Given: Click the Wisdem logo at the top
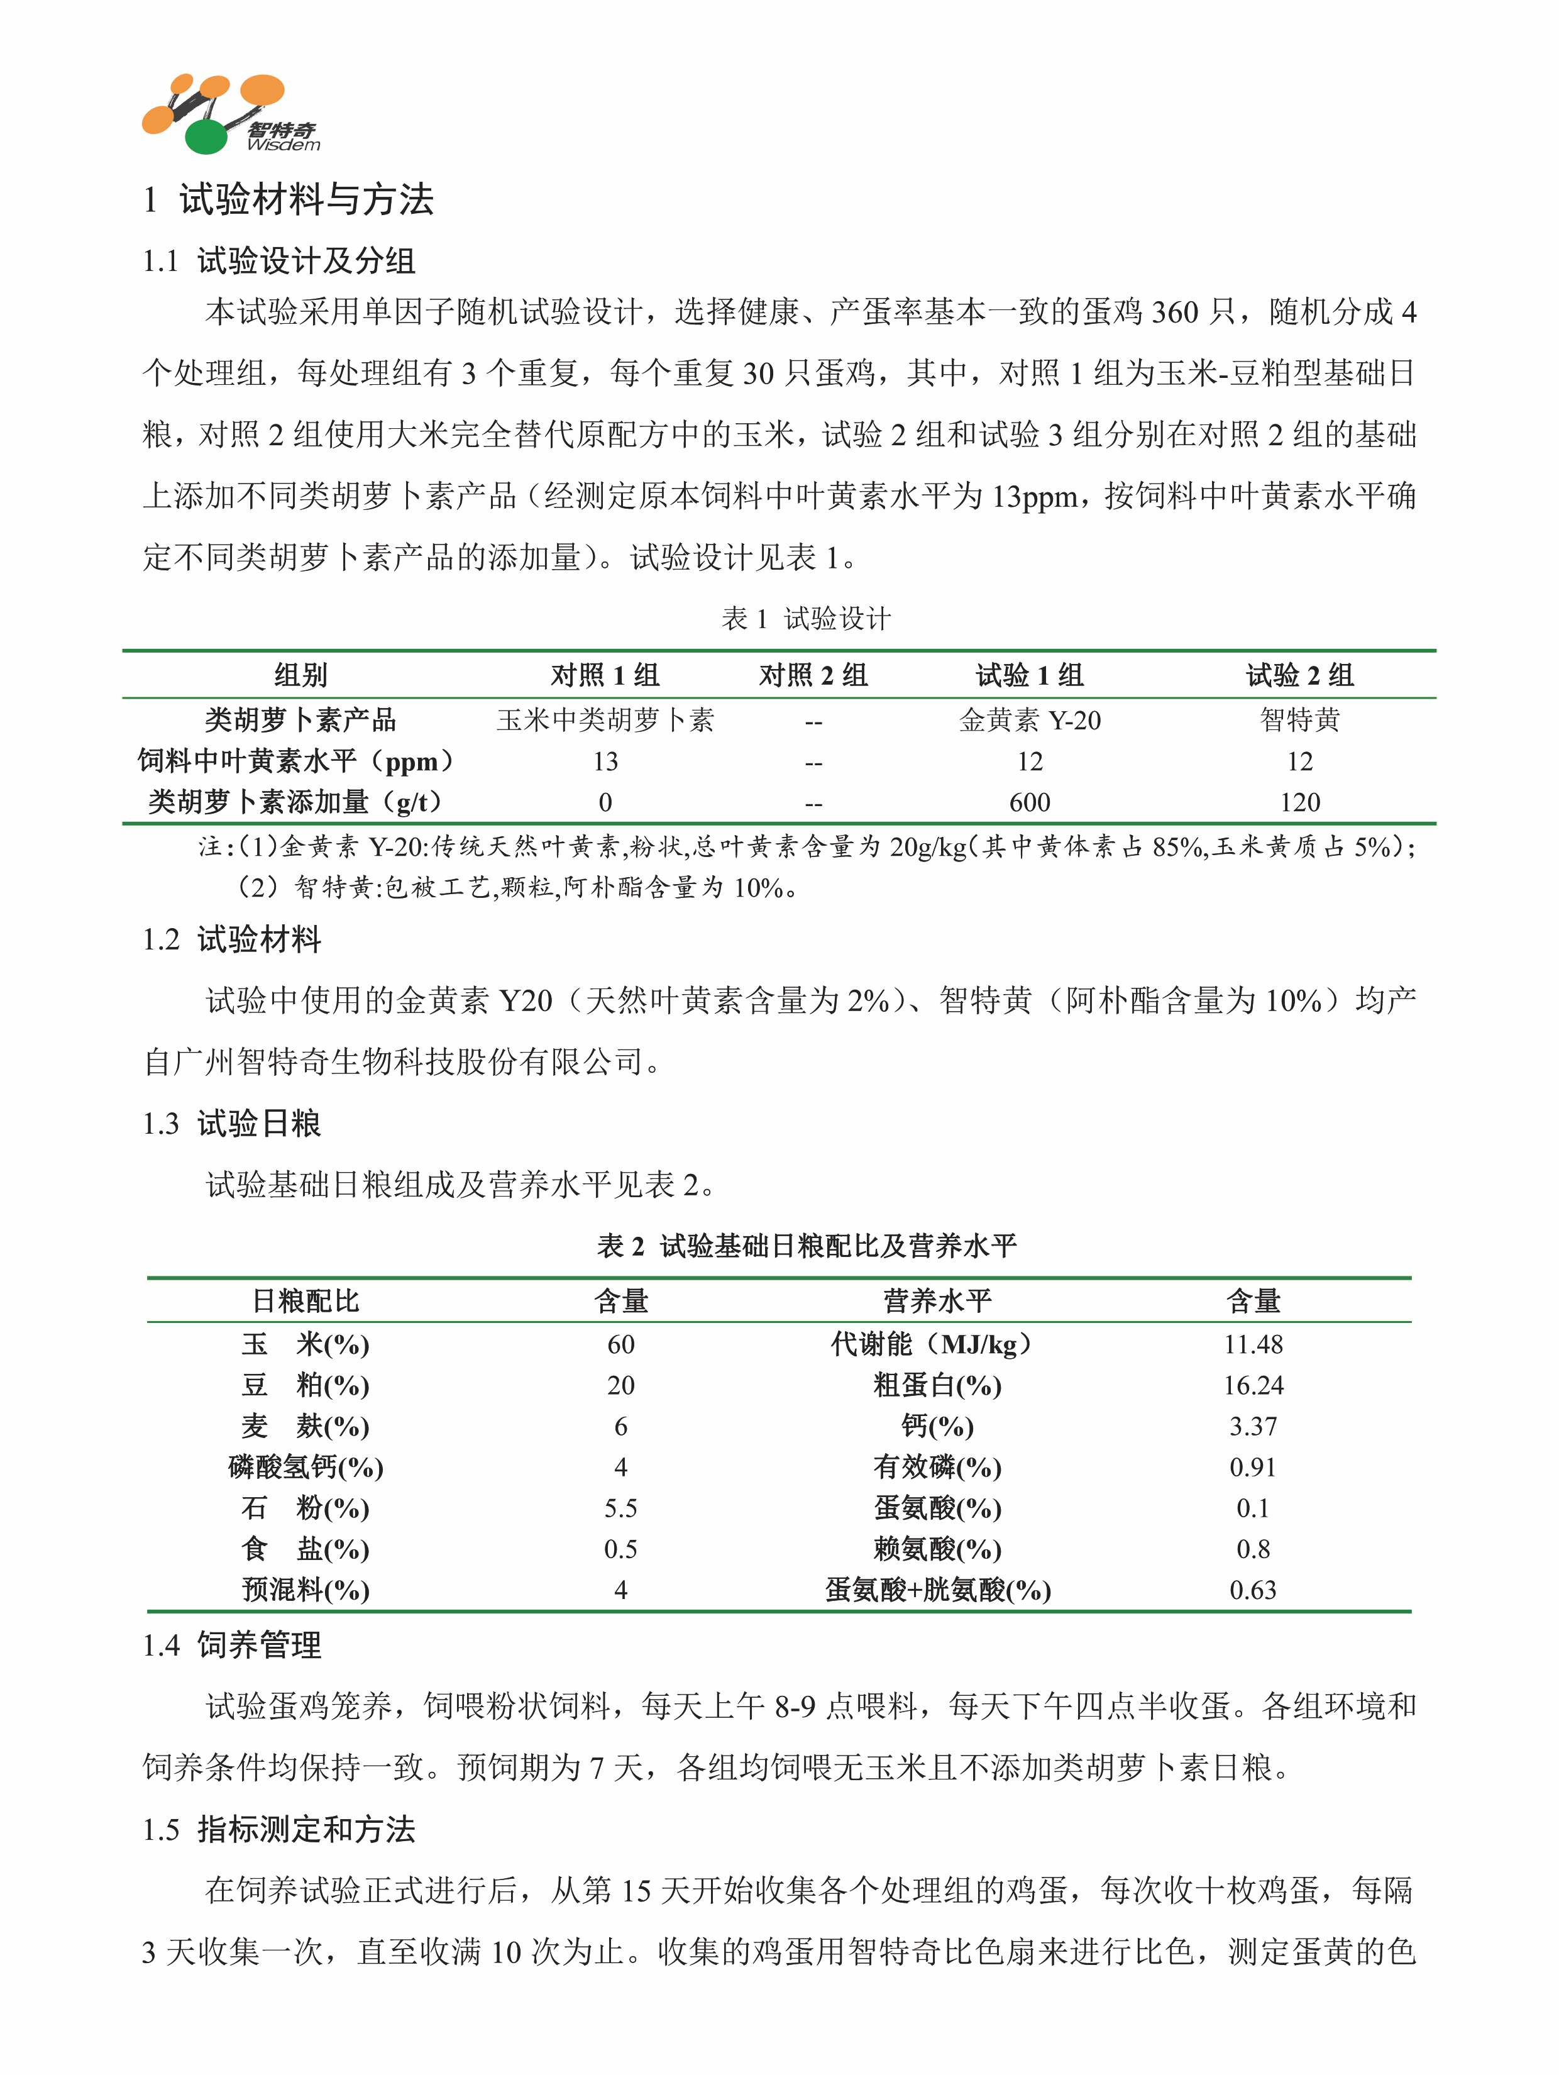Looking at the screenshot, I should [x=230, y=114].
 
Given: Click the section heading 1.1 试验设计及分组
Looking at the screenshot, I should [x=278, y=261].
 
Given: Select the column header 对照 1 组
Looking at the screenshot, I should [x=605, y=675].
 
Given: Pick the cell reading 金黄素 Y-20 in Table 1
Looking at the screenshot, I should [x=1029, y=721].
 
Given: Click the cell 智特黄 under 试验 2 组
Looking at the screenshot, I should [x=1299, y=721].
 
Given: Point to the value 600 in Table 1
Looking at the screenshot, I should [x=1029, y=802].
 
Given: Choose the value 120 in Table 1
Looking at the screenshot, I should [x=1299, y=802].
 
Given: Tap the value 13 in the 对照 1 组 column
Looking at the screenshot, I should [x=605, y=761].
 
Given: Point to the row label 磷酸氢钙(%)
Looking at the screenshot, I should [x=306, y=1467].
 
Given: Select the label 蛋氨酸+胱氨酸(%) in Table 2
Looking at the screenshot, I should [x=937, y=1590].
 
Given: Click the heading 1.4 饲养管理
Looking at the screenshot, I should [x=232, y=1644].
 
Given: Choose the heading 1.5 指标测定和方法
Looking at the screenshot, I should [x=278, y=1829].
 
